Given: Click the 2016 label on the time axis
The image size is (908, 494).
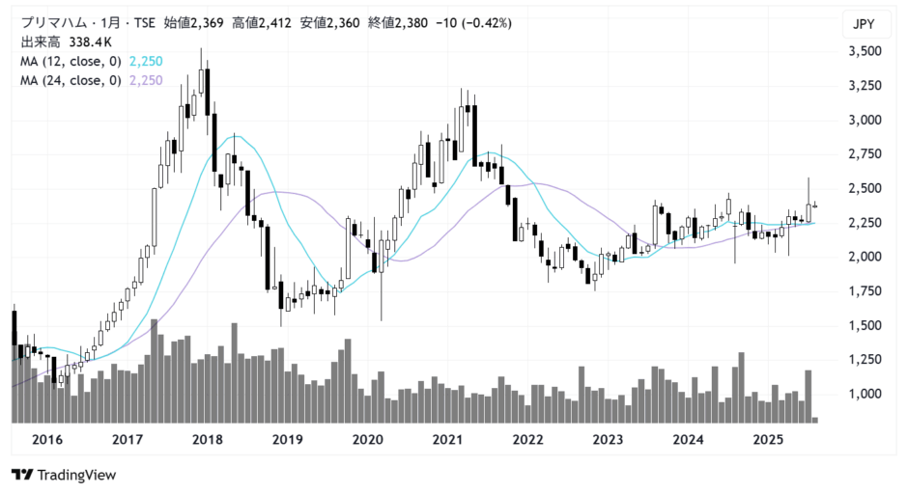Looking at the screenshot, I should pos(47,440).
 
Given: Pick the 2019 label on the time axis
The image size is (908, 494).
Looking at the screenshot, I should pos(288,440).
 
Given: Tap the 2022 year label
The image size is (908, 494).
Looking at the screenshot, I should pos(527,440).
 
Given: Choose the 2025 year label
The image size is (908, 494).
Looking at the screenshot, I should pos(768,440).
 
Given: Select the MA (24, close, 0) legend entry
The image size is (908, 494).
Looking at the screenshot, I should pos(71,81).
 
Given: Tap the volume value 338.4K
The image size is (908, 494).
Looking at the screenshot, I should pos(91,42).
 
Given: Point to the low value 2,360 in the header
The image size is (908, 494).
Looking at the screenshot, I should pos(341,22).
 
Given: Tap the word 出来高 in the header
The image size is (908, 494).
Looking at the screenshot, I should pos(41,42).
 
